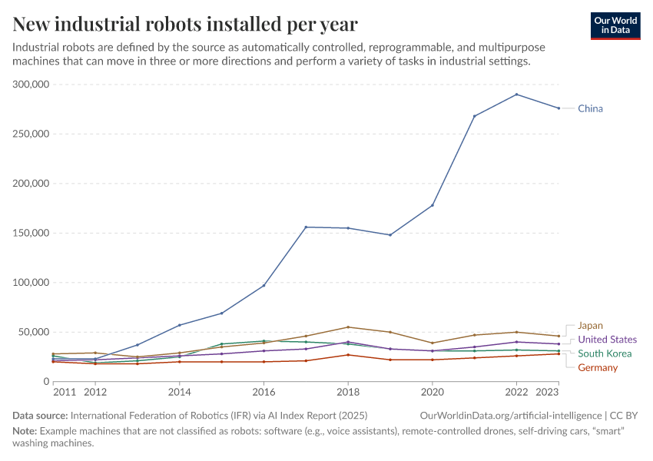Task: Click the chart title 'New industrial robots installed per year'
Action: pos(184,24)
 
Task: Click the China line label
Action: pos(590,108)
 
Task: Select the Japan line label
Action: pos(590,325)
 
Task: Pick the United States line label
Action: pos(607,340)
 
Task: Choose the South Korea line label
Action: pos(605,353)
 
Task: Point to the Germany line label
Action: pos(598,367)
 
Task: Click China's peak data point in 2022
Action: pos(516,95)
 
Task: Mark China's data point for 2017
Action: pos(306,227)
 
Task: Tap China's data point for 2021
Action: pos(474,116)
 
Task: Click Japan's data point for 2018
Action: pos(348,327)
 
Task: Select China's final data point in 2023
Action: pos(559,108)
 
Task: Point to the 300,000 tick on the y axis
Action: pos(31,85)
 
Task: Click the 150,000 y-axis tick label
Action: pos(31,233)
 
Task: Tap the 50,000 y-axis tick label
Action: pos(35,332)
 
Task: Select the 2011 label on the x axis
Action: pos(63,392)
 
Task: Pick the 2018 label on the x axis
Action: pos(348,392)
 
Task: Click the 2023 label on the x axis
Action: pos(548,392)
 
